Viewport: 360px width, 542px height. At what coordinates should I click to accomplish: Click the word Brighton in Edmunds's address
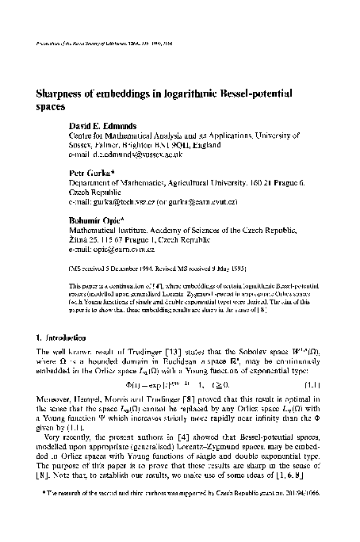152,143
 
